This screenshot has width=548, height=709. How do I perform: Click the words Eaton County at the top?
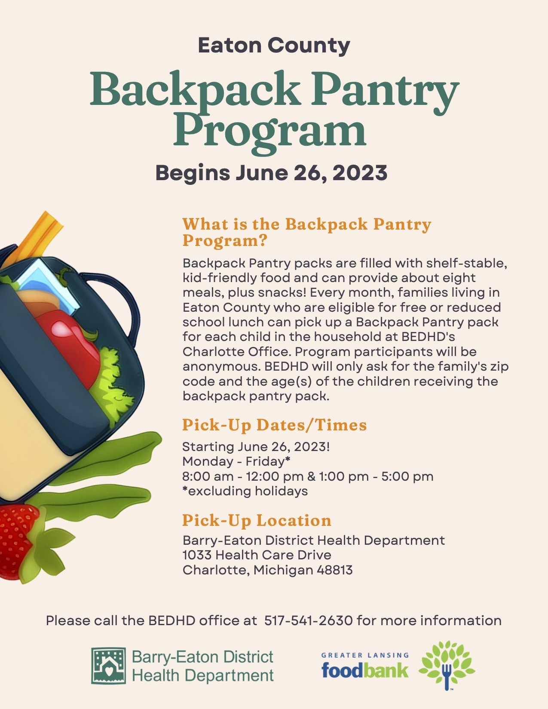274,46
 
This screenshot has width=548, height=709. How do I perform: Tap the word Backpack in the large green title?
195,90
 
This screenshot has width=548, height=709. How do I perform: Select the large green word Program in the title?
270,132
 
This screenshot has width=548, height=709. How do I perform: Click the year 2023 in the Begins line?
360,172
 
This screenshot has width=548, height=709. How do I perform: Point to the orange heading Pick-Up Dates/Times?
275,425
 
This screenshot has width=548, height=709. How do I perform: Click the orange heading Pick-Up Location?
257,520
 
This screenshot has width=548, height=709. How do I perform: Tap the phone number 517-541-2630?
309,620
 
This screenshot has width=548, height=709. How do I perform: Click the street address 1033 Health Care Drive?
257,555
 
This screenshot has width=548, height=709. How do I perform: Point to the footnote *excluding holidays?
245,491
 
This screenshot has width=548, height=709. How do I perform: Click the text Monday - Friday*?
236,461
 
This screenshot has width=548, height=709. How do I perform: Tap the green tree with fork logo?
447,665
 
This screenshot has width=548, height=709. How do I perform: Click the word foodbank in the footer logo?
365,670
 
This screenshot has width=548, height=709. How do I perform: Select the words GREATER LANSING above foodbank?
365,655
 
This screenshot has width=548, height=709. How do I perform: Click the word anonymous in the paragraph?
220,367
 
